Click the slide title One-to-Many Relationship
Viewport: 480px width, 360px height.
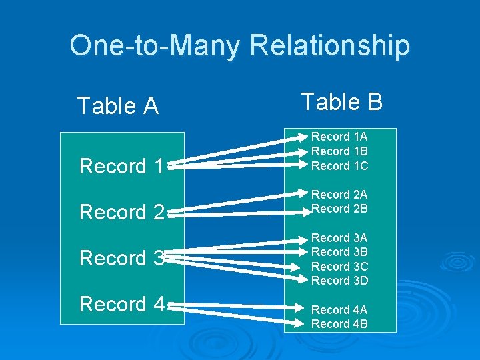[239, 45]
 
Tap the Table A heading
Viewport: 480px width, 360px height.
[118, 105]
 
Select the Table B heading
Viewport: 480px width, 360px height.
[341, 102]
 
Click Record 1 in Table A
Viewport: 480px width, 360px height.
[121, 166]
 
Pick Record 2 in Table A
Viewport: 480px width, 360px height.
[121, 212]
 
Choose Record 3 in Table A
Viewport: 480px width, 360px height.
[121, 258]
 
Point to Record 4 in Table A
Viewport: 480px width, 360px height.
[121, 304]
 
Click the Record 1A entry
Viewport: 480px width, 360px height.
[339, 137]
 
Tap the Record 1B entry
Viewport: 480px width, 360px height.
[339, 151]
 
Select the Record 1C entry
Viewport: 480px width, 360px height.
[339, 165]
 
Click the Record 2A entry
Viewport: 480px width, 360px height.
[339, 195]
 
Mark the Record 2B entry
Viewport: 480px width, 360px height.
[339, 209]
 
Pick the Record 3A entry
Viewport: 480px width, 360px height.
[339, 238]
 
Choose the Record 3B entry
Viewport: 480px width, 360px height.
[339, 252]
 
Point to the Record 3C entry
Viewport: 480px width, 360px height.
[339, 267]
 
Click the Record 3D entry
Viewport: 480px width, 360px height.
[339, 281]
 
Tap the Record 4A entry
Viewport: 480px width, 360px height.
[339, 310]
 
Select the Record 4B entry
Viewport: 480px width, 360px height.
[339, 324]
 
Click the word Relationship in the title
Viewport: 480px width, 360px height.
[329, 45]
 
